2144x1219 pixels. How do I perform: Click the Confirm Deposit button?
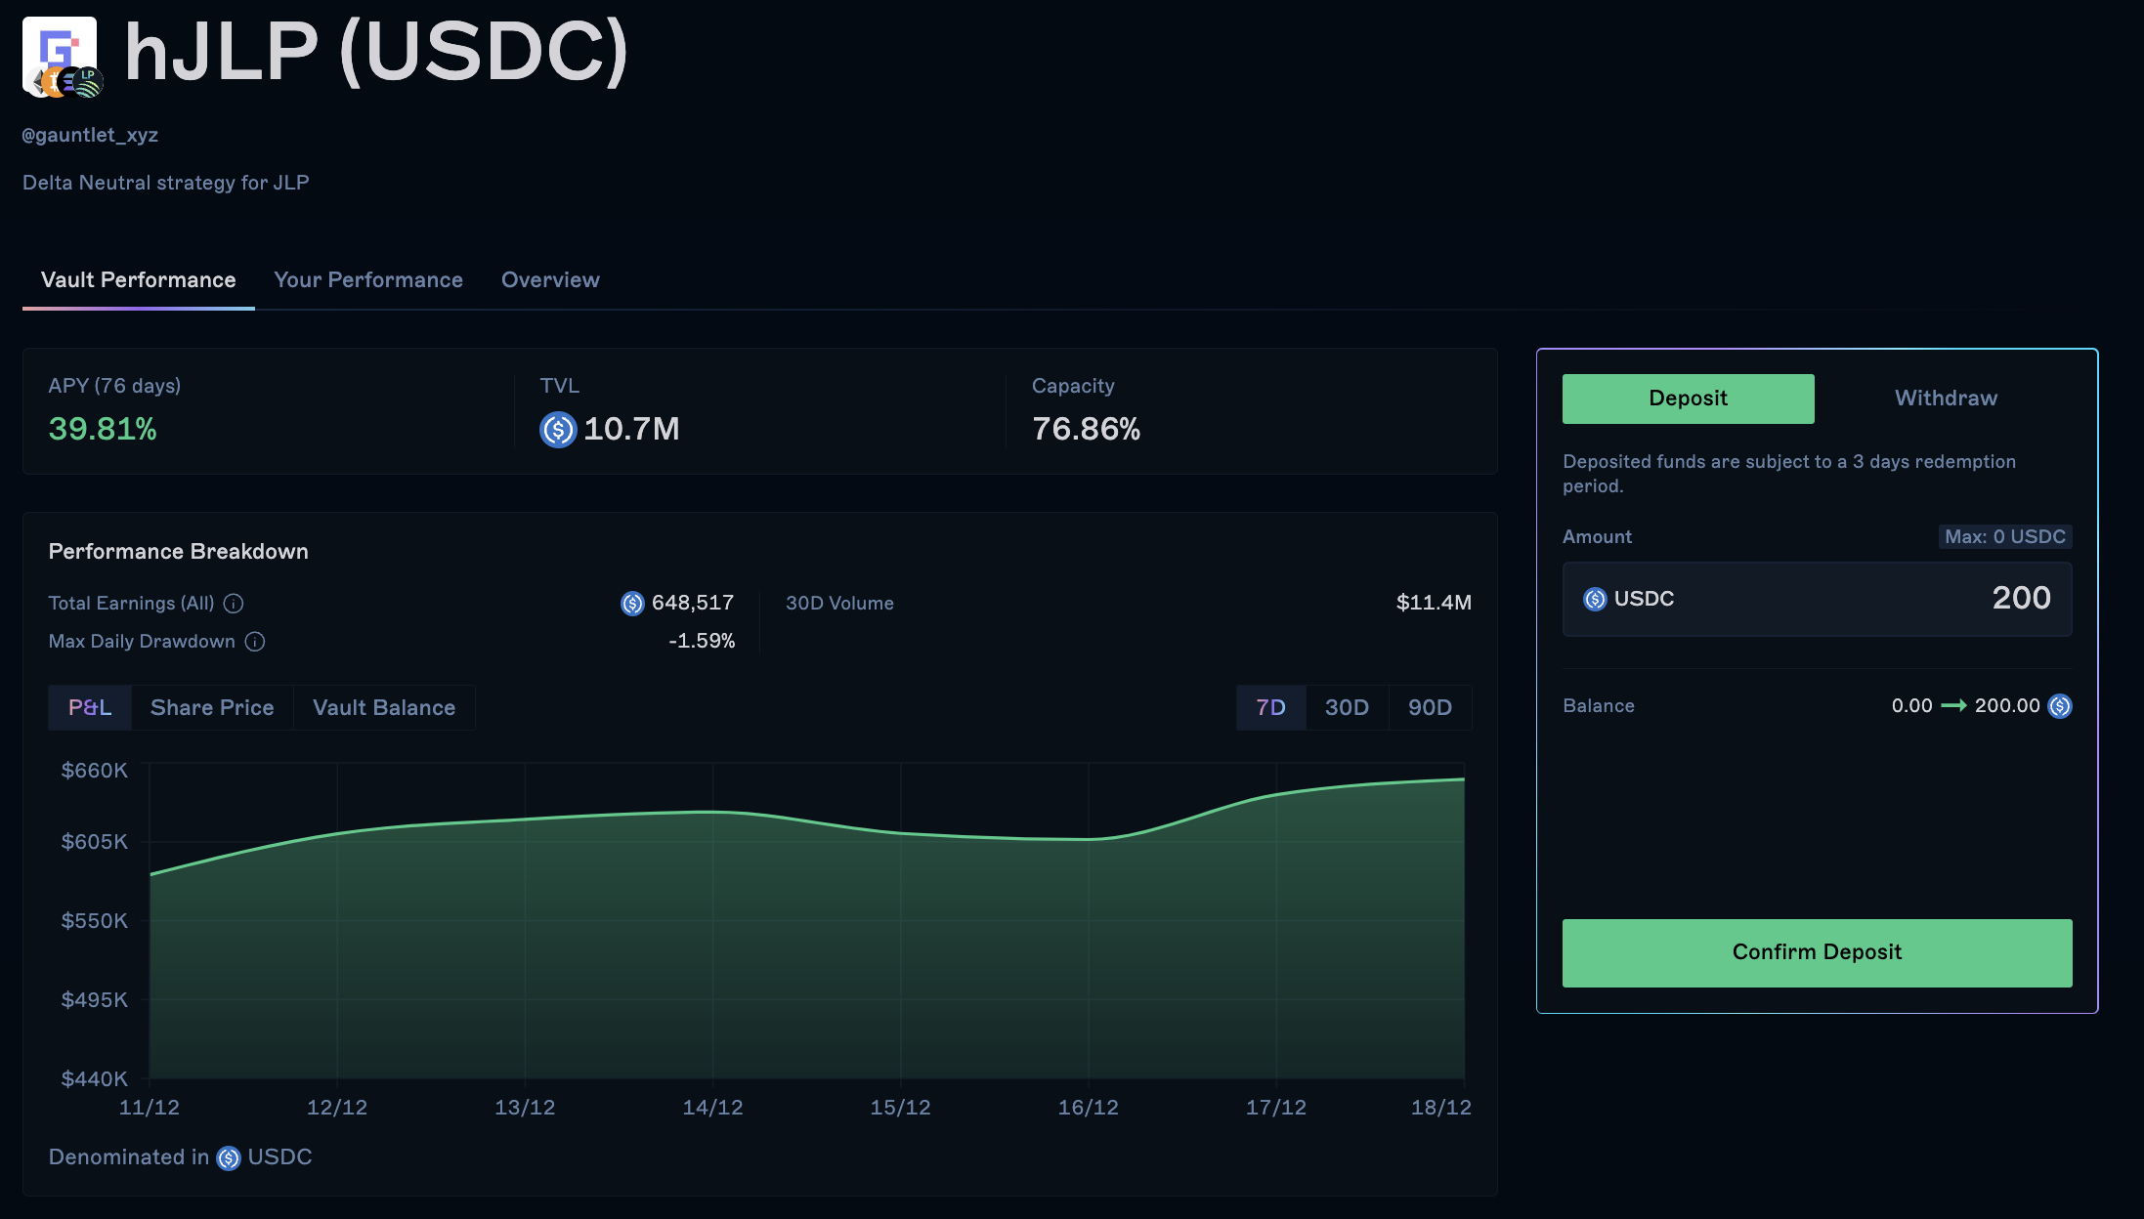(1817, 952)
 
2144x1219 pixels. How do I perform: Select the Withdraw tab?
(1946, 399)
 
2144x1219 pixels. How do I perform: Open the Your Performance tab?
(368, 280)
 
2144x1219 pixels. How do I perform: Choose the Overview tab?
(550, 280)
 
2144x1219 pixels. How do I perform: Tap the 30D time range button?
(1347, 707)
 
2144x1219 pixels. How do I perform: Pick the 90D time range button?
(1430, 707)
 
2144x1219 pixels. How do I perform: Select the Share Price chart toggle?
(212, 707)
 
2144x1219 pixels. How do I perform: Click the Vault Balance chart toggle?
(384, 707)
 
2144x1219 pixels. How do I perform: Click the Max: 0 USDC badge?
(2004, 536)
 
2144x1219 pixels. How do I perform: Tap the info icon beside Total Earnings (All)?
(234, 604)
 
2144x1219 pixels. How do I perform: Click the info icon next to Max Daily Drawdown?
(255, 642)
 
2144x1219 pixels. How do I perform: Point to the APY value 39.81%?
(103, 429)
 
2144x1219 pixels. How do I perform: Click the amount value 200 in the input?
(2021, 598)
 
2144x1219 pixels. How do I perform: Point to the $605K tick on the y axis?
(95, 842)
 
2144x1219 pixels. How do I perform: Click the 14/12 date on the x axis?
(712, 1108)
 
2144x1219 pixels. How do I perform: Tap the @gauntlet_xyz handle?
(90, 135)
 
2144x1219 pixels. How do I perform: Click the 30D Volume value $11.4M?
(1434, 603)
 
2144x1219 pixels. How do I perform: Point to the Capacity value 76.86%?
(1086, 429)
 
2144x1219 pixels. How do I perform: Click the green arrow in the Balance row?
(1953, 705)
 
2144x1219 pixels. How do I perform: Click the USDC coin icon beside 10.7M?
(558, 429)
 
